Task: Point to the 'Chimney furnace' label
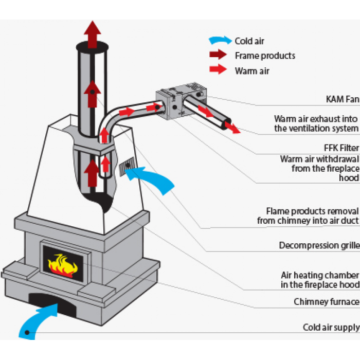click(326, 301)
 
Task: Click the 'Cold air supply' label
click(331, 327)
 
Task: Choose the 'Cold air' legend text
click(249, 41)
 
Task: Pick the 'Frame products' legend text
click(265, 56)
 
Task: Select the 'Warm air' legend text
click(253, 70)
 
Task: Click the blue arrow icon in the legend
click(220, 40)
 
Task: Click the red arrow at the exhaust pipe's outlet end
click(231, 127)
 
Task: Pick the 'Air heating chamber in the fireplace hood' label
click(319, 280)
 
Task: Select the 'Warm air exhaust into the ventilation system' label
click(316, 123)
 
